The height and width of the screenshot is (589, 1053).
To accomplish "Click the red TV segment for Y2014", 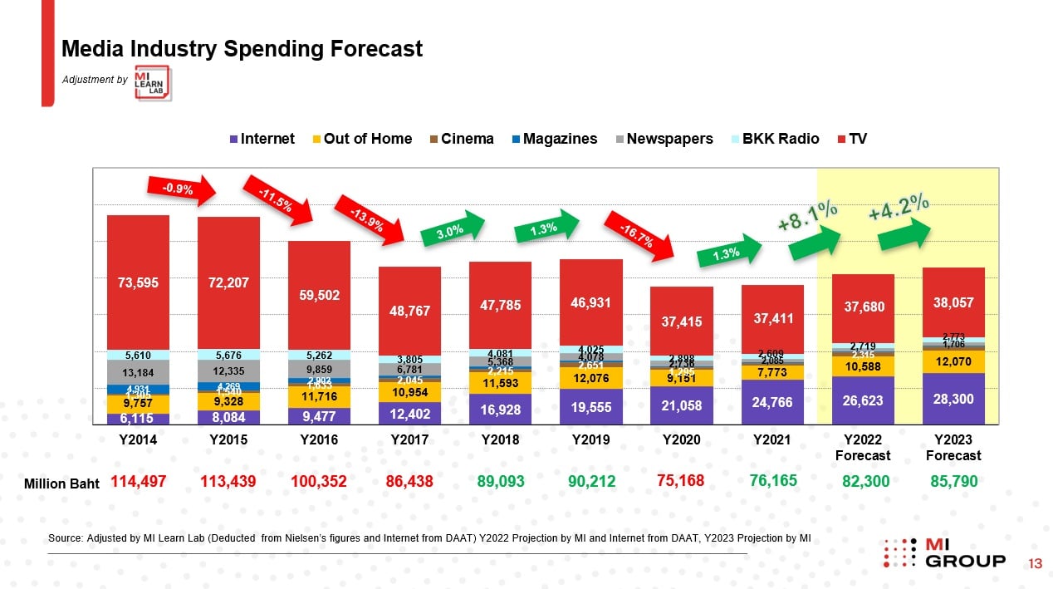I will pyautogui.click(x=138, y=281).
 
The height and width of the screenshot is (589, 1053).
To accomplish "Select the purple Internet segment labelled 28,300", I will pyautogui.click(x=953, y=399).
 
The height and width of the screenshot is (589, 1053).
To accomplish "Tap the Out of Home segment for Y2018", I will pyautogui.click(x=500, y=383).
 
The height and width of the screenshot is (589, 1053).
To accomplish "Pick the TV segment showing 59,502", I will pyautogui.click(x=319, y=295).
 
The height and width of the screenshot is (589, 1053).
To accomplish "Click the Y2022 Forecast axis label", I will pyautogui.click(x=862, y=447).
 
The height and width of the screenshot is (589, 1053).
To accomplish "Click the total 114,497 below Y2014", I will pyautogui.click(x=138, y=481).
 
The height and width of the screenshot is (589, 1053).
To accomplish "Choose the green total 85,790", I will pyautogui.click(x=953, y=481).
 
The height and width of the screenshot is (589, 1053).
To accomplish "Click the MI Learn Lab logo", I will pyautogui.click(x=153, y=83).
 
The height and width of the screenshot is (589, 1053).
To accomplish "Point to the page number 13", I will pyautogui.click(x=1035, y=564).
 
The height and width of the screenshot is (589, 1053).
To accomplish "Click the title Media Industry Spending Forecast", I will pyautogui.click(x=242, y=49).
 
